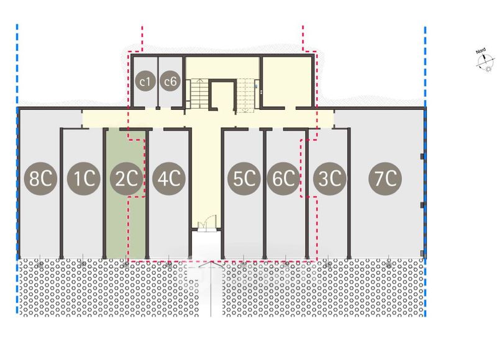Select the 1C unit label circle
(x=84, y=179)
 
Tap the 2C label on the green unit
(x=125, y=179)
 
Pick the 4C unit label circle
(x=167, y=179)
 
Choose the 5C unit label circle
(x=244, y=179)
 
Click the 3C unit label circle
(x=328, y=179)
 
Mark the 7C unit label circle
(x=387, y=179)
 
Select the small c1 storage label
(x=146, y=81)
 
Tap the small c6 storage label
(x=170, y=81)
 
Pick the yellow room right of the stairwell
(x=285, y=81)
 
